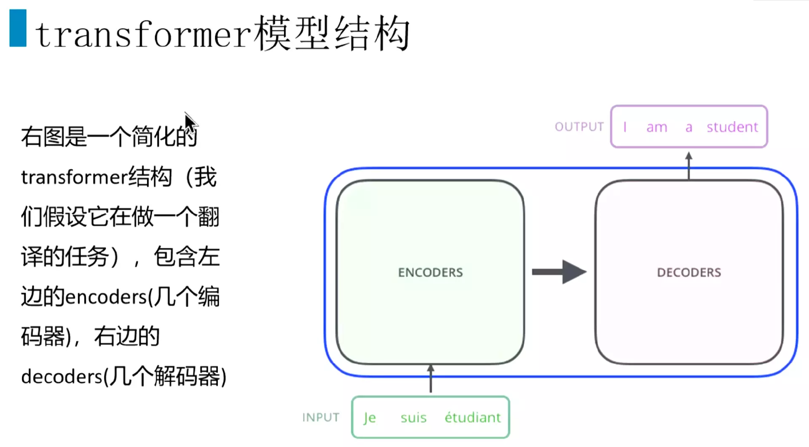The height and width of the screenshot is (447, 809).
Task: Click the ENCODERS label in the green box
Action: [430, 272]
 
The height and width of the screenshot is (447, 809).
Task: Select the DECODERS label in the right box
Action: [689, 272]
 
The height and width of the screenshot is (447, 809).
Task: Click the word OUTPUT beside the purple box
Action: [579, 127]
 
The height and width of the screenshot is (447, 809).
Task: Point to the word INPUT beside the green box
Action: [321, 417]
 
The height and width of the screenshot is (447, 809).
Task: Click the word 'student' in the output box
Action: [732, 127]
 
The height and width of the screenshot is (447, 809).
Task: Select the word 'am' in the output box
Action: [657, 127]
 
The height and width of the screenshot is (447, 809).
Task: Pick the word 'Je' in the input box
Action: [370, 417]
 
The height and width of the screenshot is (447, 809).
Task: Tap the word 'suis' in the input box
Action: [413, 417]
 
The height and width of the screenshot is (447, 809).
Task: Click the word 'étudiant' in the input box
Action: [473, 417]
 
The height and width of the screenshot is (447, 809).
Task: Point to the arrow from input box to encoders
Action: [431, 379]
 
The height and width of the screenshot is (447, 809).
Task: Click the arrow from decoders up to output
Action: [689, 165]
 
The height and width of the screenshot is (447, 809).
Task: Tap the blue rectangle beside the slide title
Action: [18, 28]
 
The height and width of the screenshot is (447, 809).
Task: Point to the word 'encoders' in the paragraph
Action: [106, 297]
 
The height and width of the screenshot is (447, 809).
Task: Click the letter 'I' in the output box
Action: [625, 127]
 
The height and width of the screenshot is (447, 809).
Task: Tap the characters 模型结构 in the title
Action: [331, 34]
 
